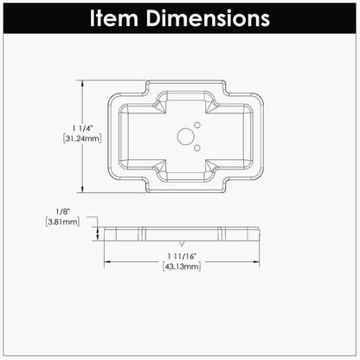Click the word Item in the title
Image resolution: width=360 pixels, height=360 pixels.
tap(114, 18)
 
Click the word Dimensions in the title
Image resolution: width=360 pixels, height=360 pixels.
tap(208, 18)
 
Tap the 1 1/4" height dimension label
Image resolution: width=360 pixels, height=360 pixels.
tap(82, 128)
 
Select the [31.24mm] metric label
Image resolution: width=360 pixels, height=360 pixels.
tap(82, 138)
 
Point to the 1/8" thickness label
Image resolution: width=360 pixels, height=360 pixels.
tap(62, 212)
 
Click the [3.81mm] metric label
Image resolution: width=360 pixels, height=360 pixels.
tap(62, 222)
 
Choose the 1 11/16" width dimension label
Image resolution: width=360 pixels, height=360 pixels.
tap(182, 256)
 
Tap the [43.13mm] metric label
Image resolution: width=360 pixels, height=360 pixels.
tap(182, 267)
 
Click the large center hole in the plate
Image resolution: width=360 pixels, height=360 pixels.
tap(185, 137)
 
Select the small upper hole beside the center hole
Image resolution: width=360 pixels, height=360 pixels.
tap(197, 125)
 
